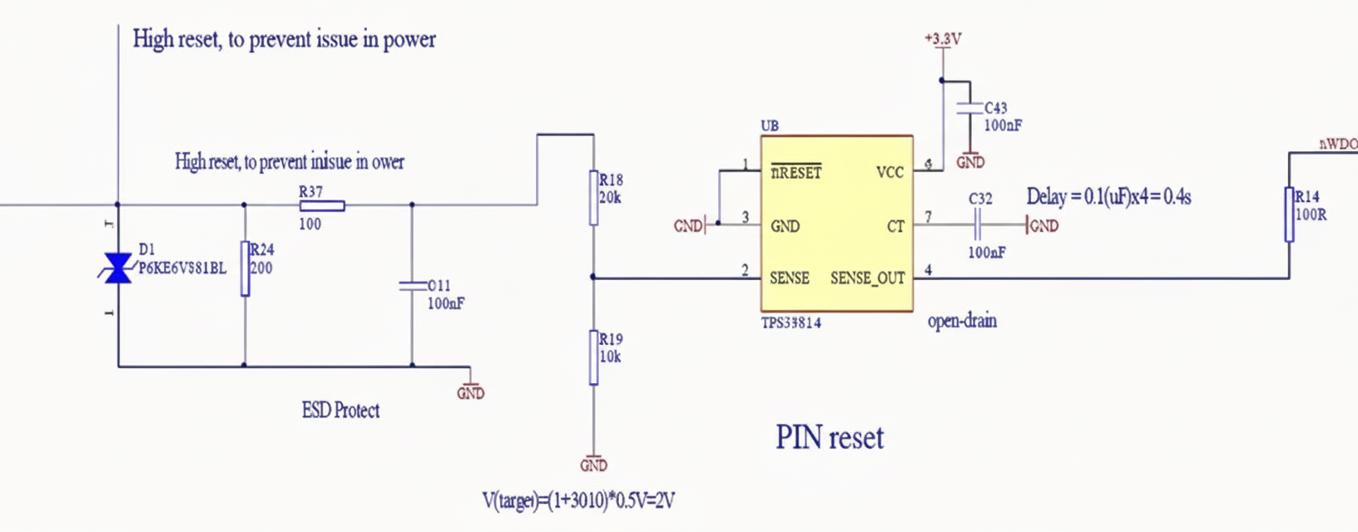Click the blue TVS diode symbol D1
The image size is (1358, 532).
coord(117,268)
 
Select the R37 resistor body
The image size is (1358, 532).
coord(322,205)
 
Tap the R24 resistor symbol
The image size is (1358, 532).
coord(245,268)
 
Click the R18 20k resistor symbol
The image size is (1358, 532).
coord(593,198)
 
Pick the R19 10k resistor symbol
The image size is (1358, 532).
coord(593,357)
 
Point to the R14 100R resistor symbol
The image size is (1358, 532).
coord(1289,214)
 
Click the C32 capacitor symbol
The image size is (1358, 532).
coord(978,224)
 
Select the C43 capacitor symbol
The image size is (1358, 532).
coord(969,108)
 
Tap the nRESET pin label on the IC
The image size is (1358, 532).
coord(796,172)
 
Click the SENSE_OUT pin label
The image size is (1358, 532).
coord(867,278)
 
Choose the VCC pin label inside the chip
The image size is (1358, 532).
coord(890,172)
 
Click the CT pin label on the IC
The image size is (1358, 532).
coord(895,226)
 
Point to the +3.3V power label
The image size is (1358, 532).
coord(943,38)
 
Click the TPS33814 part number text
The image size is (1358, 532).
coord(791,323)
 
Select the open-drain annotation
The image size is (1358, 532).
coord(962,321)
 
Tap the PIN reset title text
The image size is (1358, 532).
coord(830,438)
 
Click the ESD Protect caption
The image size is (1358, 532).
coord(340,410)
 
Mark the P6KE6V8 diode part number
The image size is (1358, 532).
coord(182,268)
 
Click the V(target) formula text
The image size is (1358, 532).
coord(578,500)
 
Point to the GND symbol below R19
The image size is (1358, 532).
coord(593,464)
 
